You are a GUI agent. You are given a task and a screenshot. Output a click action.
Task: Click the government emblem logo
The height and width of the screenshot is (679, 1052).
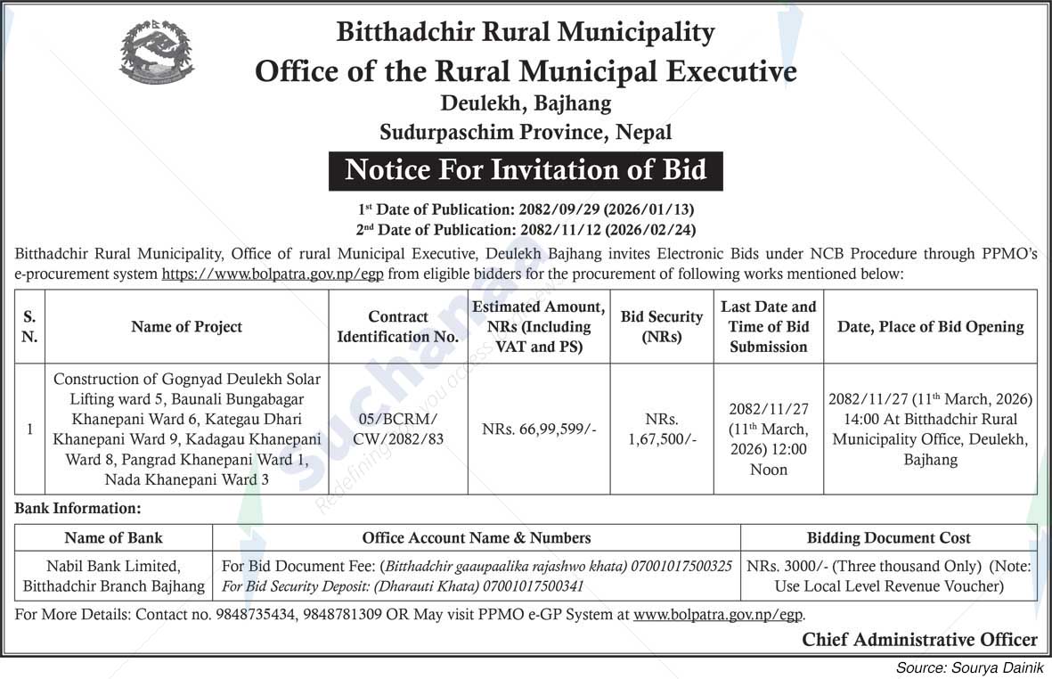coord(157,52)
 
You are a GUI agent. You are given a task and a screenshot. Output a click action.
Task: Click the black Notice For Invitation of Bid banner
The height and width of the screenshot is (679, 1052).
coord(526,169)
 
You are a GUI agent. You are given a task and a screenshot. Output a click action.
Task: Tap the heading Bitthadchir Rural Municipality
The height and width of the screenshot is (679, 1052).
coord(526,33)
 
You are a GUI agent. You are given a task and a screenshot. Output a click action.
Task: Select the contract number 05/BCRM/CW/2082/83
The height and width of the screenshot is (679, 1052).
coord(398,429)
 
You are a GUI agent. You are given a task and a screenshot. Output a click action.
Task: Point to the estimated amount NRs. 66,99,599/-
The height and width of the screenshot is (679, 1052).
coord(540,429)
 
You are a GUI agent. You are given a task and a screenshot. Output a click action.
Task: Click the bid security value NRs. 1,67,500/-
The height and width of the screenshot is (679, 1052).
coord(662,429)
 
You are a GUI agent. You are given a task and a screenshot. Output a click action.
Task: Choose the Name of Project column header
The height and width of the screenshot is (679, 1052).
coord(186,327)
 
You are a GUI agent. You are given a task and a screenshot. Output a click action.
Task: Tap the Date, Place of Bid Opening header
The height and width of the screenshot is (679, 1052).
coord(930,327)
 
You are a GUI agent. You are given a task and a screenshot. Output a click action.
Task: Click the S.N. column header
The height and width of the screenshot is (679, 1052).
coord(29,327)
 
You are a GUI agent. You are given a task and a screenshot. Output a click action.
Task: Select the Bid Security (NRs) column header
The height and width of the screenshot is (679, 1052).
coord(662,327)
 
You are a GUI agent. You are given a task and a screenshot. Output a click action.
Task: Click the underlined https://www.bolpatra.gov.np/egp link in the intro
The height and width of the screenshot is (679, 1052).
coord(273,274)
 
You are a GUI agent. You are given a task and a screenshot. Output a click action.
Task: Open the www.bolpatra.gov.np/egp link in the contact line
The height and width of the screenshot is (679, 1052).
coord(718,615)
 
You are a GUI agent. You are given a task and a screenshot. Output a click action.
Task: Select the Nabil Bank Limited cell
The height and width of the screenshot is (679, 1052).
coord(114,566)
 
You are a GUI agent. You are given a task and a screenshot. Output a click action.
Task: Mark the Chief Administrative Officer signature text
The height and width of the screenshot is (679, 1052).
coord(919,639)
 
